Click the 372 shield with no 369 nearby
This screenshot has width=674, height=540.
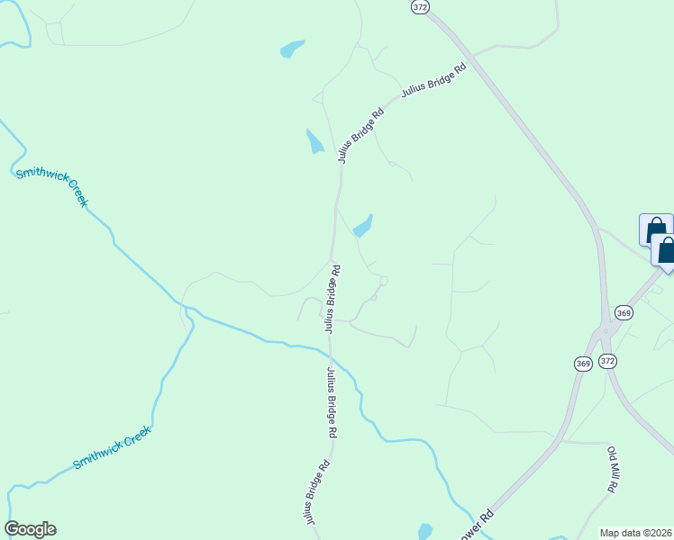(420, 5)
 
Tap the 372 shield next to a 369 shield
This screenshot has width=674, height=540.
(608, 361)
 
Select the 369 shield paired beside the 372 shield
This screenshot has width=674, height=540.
(581, 363)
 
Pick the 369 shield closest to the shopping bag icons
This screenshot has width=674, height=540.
(624, 311)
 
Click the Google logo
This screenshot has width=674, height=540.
(30, 529)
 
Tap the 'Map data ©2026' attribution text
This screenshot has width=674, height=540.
(635, 533)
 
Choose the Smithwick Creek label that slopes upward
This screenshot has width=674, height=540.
(113, 448)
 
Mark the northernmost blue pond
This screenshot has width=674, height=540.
(292, 49)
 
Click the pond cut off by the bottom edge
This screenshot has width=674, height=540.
(424, 531)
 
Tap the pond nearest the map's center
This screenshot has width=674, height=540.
(363, 226)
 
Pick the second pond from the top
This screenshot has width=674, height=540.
(314, 141)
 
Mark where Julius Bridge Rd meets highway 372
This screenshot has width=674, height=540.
(475, 57)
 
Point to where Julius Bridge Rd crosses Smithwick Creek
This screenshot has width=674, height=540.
(330, 346)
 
